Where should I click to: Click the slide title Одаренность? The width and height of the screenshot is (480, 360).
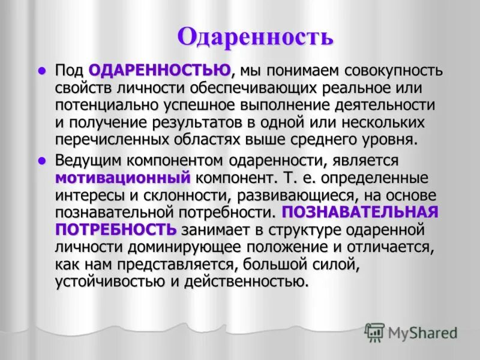tap(255, 37)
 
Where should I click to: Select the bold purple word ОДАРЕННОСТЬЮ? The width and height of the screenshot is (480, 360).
tap(160, 71)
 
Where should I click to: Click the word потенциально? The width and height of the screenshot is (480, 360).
tap(104, 106)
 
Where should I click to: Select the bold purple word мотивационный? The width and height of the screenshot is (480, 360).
tap(123, 178)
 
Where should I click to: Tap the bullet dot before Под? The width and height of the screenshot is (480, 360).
tap(42, 71)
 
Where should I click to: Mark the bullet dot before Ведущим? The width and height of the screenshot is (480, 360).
tap(42, 161)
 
